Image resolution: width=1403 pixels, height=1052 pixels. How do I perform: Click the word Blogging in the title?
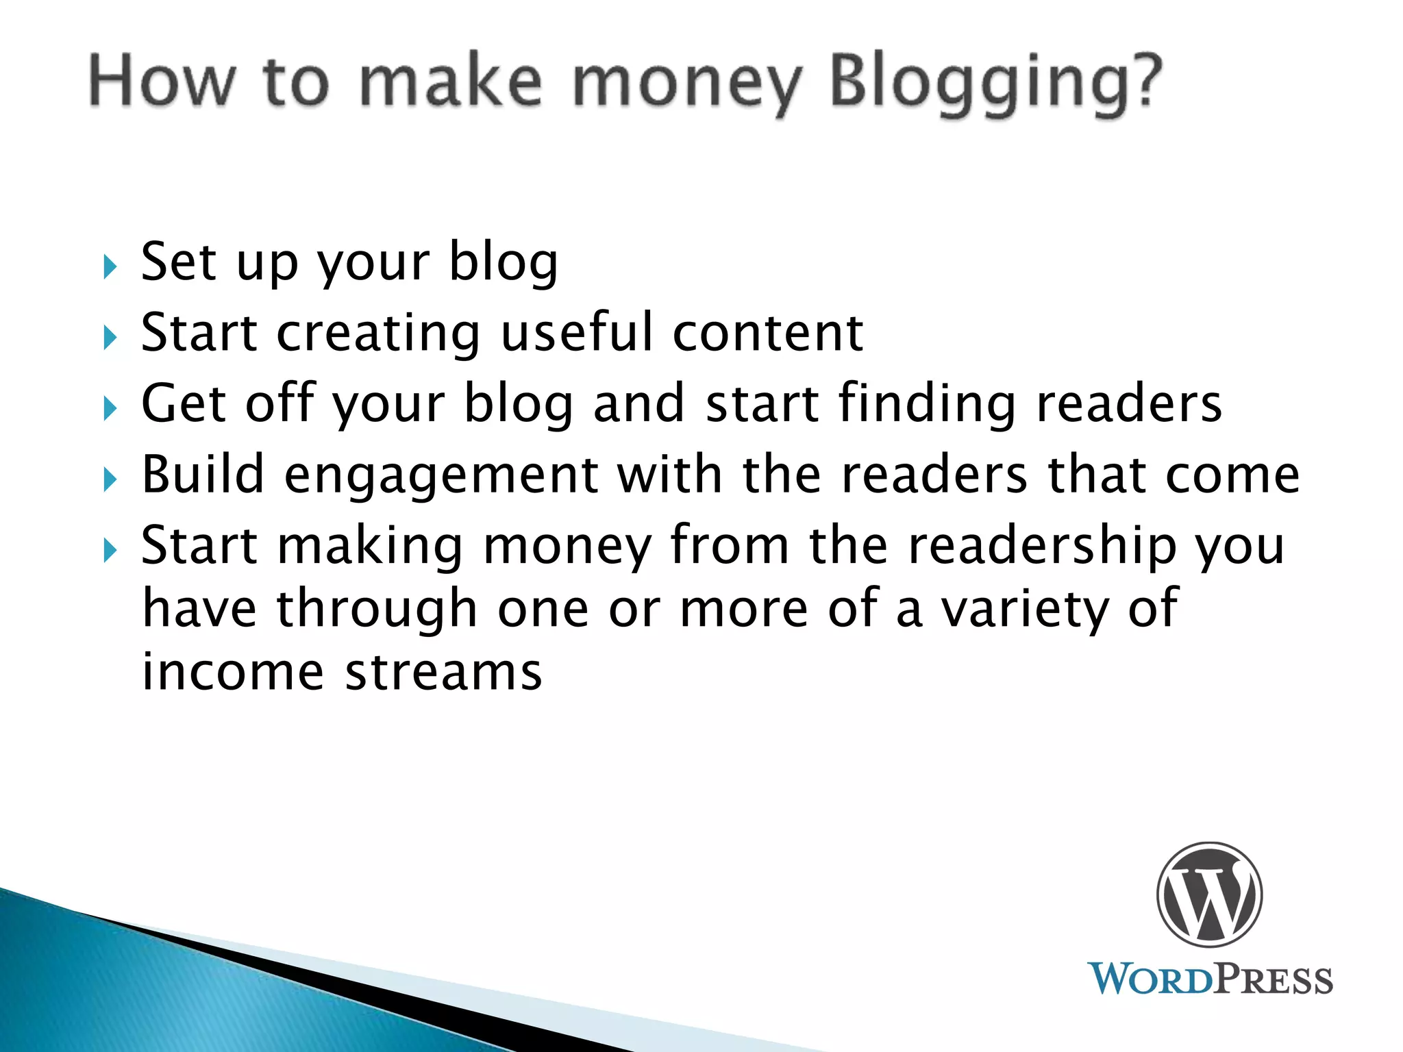coord(995,84)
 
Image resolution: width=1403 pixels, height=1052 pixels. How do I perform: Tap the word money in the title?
coord(687,84)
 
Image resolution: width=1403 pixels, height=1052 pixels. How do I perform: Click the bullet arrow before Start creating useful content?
coord(110,338)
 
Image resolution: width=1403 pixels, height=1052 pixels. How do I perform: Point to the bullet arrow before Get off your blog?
coord(110,409)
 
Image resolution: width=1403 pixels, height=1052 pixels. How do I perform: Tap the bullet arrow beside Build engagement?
coord(110,479)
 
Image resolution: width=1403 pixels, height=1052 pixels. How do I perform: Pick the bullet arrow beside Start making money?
coord(110,550)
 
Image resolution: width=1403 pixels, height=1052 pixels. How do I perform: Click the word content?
coord(768,334)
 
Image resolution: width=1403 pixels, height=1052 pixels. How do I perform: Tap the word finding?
coord(928,404)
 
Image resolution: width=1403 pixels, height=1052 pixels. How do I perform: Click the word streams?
coord(443,673)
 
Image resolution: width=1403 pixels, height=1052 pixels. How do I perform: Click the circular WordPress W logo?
coord(1209,894)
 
